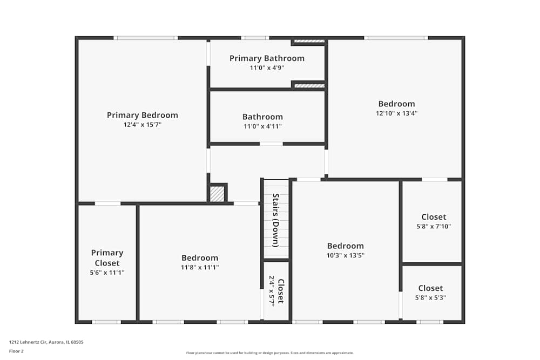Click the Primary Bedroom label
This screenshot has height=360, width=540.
click(x=142, y=115)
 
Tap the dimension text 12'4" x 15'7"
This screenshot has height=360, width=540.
click(x=142, y=125)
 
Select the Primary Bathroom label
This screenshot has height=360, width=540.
click(x=267, y=58)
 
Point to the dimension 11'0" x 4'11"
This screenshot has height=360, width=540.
click(x=262, y=126)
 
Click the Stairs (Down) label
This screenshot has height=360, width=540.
click(x=275, y=220)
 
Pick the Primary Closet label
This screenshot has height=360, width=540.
click(x=107, y=258)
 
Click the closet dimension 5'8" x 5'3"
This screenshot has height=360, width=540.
click(x=430, y=298)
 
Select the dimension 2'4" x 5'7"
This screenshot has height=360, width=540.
click(x=272, y=291)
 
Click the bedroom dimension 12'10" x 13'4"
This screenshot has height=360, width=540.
click(x=396, y=113)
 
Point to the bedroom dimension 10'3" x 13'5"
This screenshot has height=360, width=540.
click(x=345, y=255)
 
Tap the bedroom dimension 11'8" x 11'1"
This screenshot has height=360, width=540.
click(x=200, y=267)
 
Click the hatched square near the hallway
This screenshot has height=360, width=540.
click(x=217, y=194)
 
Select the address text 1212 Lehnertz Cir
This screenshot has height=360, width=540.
click(x=46, y=342)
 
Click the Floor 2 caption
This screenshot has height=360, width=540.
click(x=16, y=351)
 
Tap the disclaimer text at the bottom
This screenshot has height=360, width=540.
click(x=269, y=352)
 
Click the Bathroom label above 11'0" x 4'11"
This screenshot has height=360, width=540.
click(x=262, y=117)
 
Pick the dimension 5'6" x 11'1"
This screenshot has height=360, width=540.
click(x=107, y=273)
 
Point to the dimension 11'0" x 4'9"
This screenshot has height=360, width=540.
click(x=267, y=68)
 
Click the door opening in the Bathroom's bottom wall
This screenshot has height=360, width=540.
click(x=271, y=144)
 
